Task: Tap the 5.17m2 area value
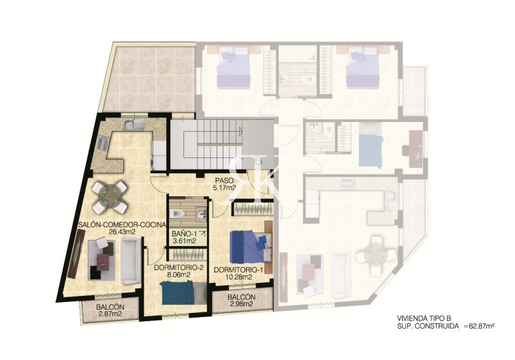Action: click(223, 187)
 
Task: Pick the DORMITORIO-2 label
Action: click(180, 267)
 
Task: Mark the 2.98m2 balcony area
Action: click(242, 305)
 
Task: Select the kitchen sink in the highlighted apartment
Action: click(133, 124)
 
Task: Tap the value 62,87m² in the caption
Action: click(477, 327)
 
